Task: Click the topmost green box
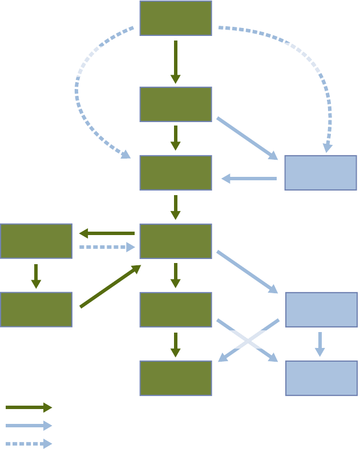pyautogui.click(x=176, y=18)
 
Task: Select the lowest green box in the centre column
pyautogui.click(x=176, y=378)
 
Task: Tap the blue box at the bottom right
pyautogui.click(x=321, y=378)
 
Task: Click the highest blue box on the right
pyautogui.click(x=321, y=172)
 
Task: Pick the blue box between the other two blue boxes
pyautogui.click(x=321, y=309)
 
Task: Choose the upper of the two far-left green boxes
pyautogui.click(x=36, y=241)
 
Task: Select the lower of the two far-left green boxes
pyautogui.click(x=36, y=309)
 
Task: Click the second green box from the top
pyautogui.click(x=176, y=104)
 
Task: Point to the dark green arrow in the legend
pyautogui.click(x=29, y=407)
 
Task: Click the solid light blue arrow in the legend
pyautogui.click(x=29, y=426)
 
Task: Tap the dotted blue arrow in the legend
pyautogui.click(x=29, y=444)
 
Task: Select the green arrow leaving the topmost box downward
pyautogui.click(x=176, y=61)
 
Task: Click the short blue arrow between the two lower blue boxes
pyautogui.click(x=320, y=344)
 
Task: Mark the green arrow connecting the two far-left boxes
pyautogui.click(x=36, y=276)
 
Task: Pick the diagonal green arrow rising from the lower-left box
pyautogui.click(x=110, y=286)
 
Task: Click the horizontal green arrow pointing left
pyautogui.click(x=107, y=233)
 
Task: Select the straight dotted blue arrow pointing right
pyautogui.click(x=107, y=247)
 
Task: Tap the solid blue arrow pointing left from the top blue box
pyautogui.click(x=249, y=179)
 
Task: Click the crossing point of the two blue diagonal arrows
pyautogui.click(x=248, y=341)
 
